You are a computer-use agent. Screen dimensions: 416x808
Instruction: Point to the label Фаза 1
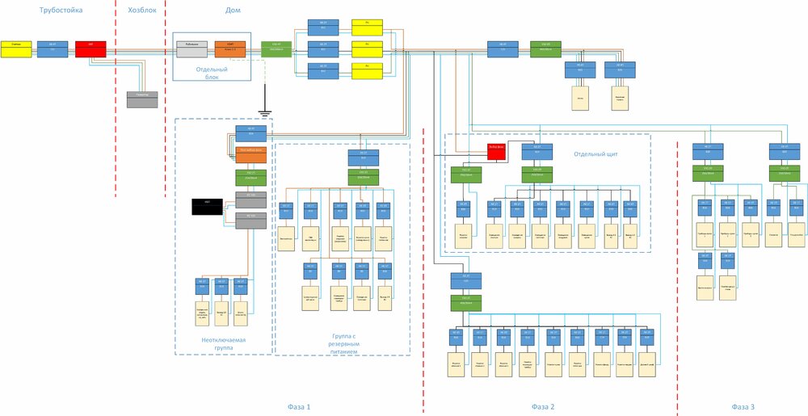point(299,406)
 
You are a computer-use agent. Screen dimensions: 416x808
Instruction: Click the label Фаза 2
point(543,406)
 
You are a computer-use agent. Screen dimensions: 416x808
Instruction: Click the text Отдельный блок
point(212,74)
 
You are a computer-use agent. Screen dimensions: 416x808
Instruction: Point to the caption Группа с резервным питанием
point(343,345)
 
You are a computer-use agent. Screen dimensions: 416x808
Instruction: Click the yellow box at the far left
point(16,48)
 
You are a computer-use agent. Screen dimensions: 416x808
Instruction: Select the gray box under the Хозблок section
point(142,99)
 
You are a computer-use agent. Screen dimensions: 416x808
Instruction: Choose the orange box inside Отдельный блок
point(229,48)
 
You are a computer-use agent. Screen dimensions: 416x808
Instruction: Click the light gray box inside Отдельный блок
point(191,48)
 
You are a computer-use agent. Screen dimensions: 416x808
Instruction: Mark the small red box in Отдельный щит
point(496,149)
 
